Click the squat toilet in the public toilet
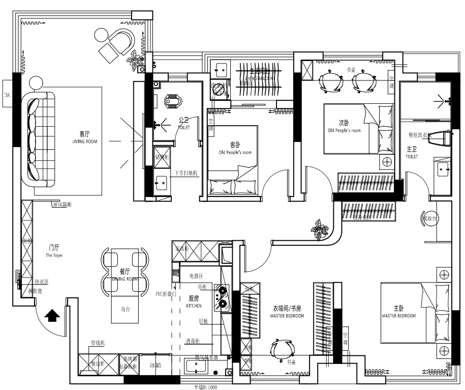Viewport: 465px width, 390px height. click(x=173, y=102)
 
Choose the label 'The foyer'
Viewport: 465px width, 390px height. click(x=54, y=256)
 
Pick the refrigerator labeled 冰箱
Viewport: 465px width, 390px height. click(x=155, y=365)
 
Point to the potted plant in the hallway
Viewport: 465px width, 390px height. click(x=320, y=229)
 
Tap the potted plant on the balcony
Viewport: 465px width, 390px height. click(x=136, y=60)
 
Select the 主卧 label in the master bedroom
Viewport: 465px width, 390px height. click(x=398, y=308)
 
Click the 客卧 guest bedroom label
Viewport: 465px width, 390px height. click(x=235, y=145)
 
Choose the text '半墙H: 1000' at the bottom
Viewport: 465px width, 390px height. click(x=205, y=387)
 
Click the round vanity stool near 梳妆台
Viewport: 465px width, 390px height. click(x=428, y=218)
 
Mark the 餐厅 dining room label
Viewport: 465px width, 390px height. click(x=125, y=271)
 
